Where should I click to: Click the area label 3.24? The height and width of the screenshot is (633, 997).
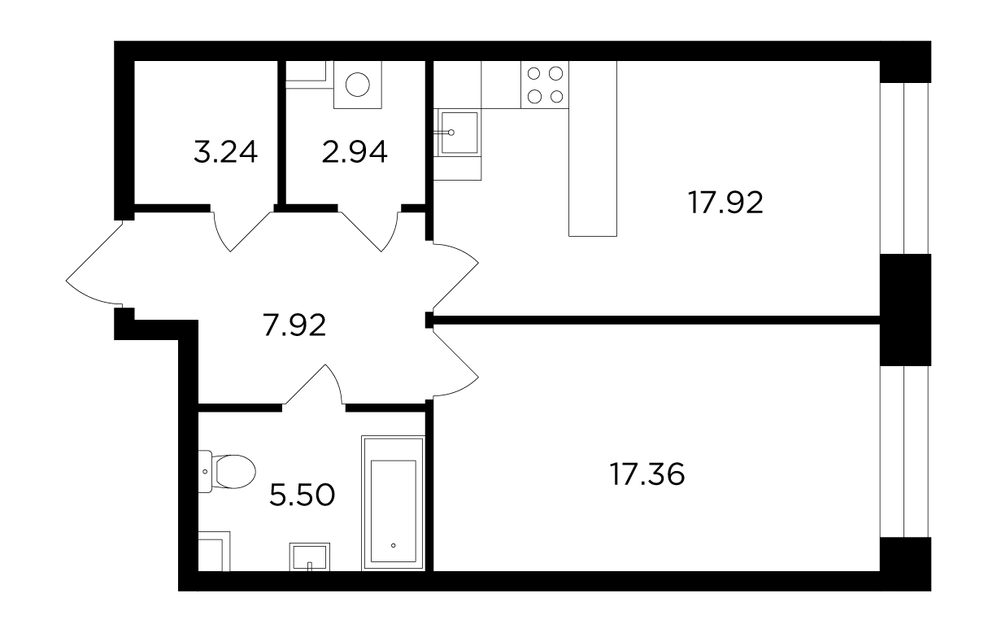pos(225,151)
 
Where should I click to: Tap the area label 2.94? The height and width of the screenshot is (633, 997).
pos(355,151)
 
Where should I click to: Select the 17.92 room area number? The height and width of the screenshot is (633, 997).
pos(725,203)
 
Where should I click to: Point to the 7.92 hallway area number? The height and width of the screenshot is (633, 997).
pos(294,325)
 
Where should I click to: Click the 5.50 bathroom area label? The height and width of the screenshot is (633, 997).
pos(302,495)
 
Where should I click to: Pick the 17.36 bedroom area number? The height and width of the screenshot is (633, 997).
pos(647,474)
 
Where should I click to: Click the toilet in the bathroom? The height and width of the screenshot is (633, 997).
pos(227,471)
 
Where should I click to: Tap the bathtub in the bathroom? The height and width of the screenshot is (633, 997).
pos(393,503)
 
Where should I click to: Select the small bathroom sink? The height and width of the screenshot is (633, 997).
pos(309,557)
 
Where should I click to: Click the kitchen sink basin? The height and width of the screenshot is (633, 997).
pos(459,133)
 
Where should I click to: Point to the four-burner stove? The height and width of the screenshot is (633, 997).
pos(545,85)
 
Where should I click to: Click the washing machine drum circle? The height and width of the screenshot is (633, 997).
pos(357,85)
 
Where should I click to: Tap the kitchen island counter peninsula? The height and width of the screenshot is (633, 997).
pos(592,148)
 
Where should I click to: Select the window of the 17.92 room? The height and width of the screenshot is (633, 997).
pos(904,168)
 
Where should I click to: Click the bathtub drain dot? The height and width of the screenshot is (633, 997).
pos(393,545)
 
